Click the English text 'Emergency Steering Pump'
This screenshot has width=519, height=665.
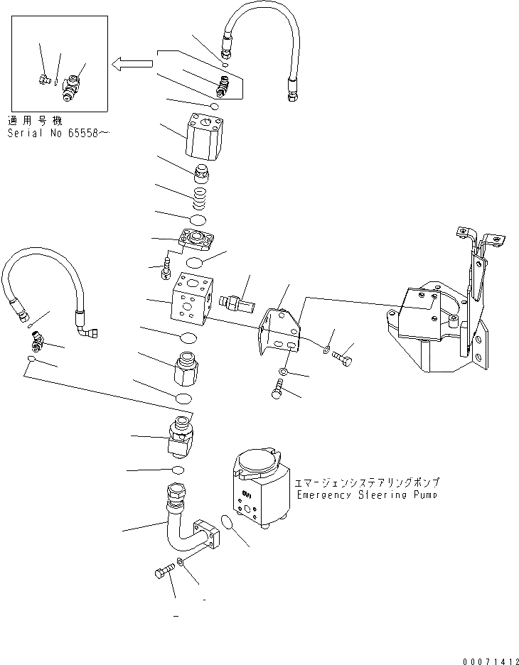[368, 494]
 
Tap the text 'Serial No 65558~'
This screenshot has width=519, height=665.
[59, 133]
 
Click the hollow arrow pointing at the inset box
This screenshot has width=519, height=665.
[132, 64]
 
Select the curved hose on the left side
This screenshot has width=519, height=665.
[43, 284]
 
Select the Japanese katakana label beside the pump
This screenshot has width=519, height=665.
[368, 481]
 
